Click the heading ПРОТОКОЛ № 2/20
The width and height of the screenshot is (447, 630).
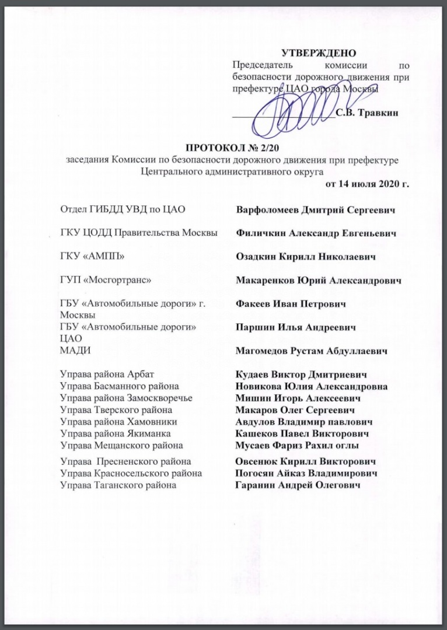pyautogui.click(x=233, y=148)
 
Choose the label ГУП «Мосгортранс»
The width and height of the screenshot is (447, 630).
pyautogui.click(x=106, y=280)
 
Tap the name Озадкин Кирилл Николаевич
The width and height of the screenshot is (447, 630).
pyautogui.click(x=305, y=257)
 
